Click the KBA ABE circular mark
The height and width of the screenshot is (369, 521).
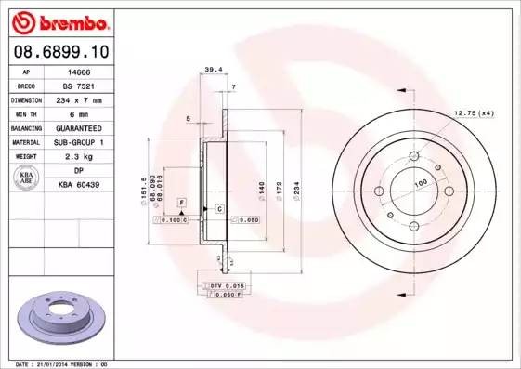point(26,178)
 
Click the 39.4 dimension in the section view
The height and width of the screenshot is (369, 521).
point(213,69)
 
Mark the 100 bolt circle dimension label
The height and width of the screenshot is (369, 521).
point(420,183)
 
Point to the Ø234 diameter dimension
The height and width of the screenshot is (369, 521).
point(296,191)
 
